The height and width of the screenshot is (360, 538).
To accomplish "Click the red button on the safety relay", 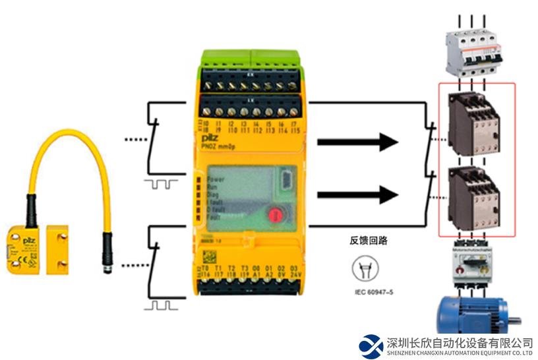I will pos(275,215).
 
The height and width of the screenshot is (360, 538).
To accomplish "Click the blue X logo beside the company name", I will pos(371,345).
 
